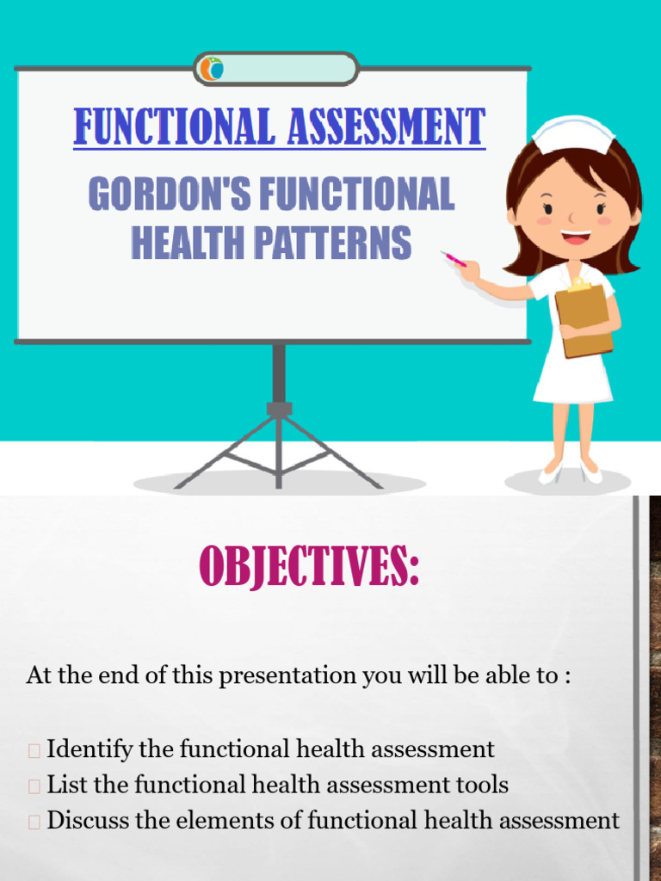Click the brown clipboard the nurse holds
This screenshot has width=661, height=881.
click(584, 320)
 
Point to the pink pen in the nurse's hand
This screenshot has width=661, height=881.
click(454, 259)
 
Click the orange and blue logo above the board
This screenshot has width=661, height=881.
click(212, 69)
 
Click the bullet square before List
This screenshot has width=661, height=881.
click(34, 786)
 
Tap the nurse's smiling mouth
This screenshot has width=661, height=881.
click(577, 237)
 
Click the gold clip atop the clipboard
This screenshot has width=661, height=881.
click(579, 286)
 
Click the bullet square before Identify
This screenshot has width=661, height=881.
click(34, 751)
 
